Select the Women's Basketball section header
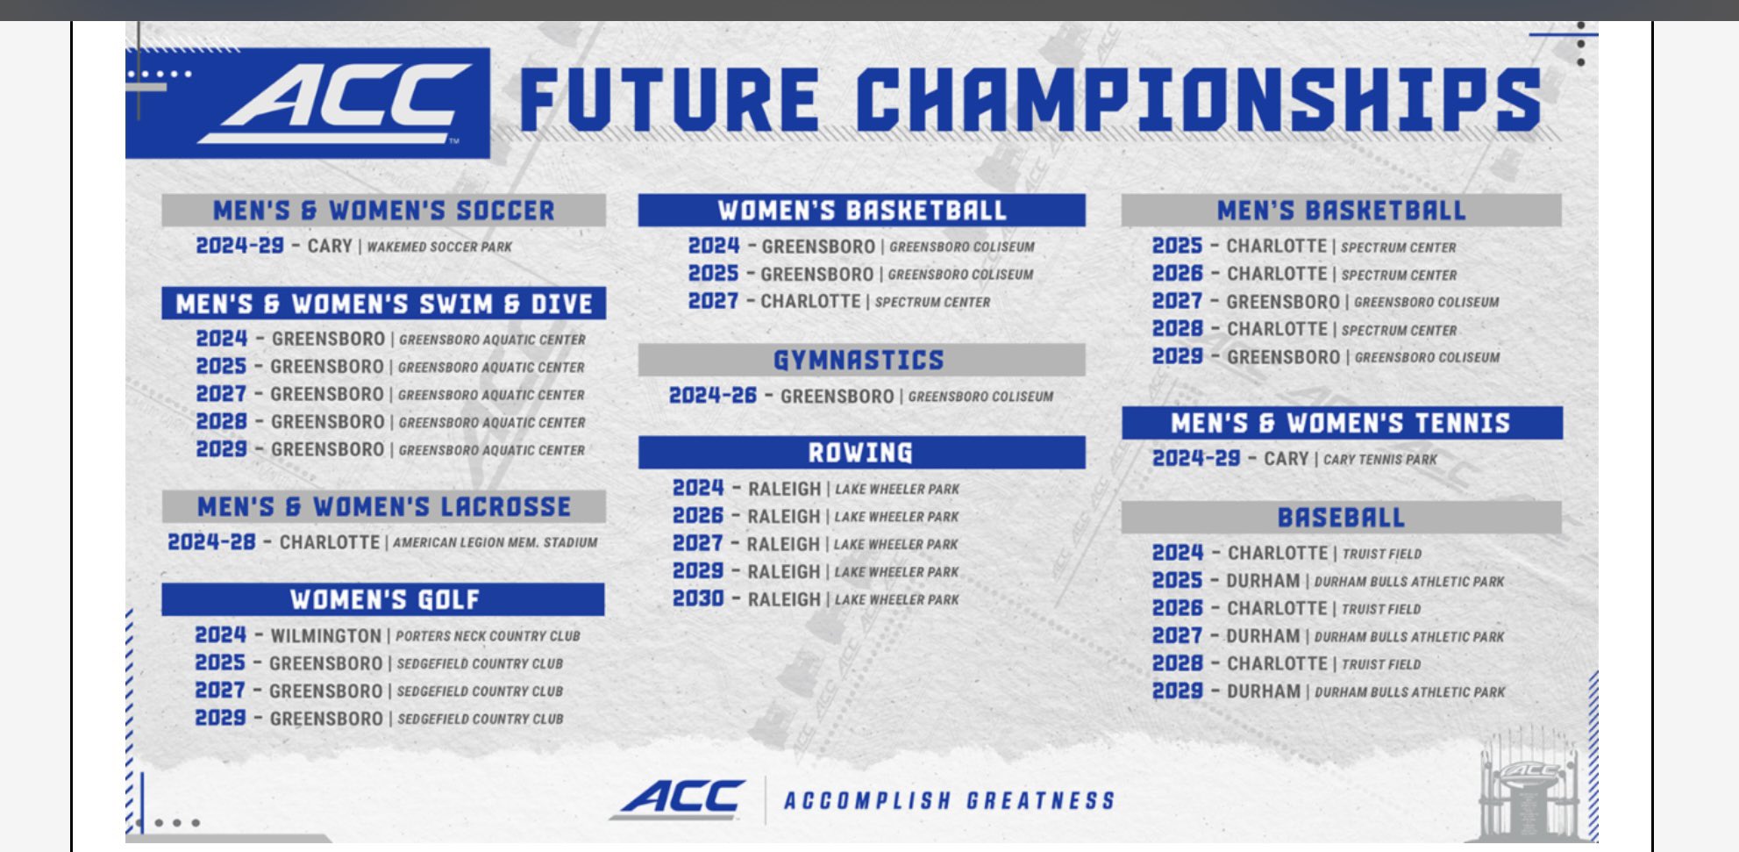pos(862,211)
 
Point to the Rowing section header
pos(860,453)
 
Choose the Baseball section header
pos(1341,518)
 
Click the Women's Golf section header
pos(384,599)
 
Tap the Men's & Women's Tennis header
pos(1341,423)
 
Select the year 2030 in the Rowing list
pos(698,598)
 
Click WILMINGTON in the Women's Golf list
pos(325,635)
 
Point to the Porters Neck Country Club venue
pos(488,636)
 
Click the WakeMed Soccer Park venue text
pos(439,247)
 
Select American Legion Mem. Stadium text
pos(495,542)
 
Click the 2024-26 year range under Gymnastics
pos(712,396)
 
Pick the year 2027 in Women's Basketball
pos(713,301)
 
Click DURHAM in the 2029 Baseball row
pos(1264,691)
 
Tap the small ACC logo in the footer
pos(681,799)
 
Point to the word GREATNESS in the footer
pos(1041,800)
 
